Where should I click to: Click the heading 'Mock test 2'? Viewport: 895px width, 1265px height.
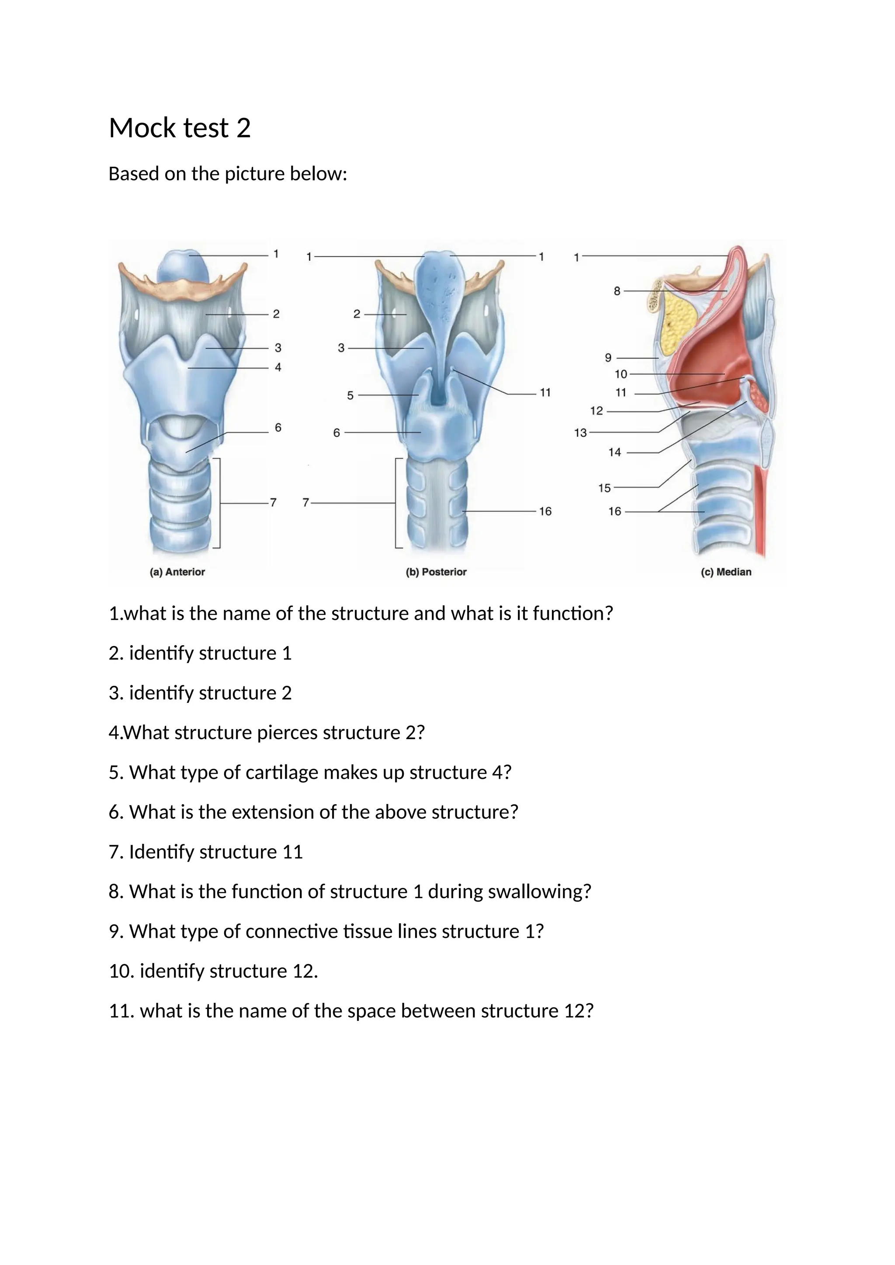(180, 128)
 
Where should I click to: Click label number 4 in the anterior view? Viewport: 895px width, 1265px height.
(278, 367)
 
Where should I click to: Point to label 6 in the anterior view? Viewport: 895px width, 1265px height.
(278, 428)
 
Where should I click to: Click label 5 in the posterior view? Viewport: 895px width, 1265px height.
(350, 396)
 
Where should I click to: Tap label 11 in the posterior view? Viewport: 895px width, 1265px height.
(545, 393)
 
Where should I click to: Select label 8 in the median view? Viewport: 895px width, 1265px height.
(617, 291)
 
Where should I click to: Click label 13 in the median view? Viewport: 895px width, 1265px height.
(580, 433)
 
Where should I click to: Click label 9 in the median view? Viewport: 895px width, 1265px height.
(608, 358)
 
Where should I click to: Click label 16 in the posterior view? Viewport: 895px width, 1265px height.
(545, 512)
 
